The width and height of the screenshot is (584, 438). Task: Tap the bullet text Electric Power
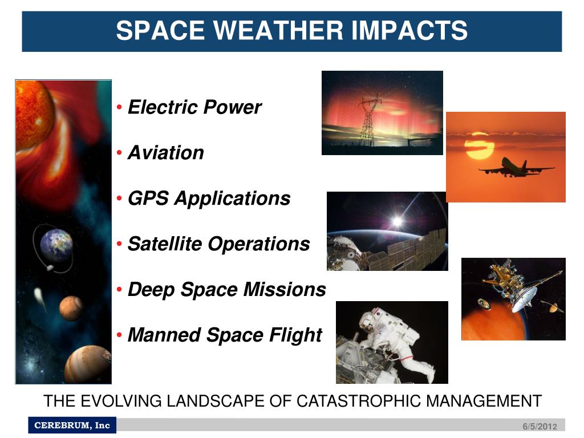(x=194, y=107)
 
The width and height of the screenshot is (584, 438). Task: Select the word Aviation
(x=166, y=153)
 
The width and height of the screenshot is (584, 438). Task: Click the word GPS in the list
(x=148, y=198)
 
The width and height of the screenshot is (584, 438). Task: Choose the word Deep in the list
(x=151, y=290)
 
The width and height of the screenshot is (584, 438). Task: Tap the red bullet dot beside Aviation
(x=119, y=153)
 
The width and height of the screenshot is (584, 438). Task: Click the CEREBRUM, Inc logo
(x=72, y=425)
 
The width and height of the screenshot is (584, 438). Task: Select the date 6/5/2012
(x=540, y=427)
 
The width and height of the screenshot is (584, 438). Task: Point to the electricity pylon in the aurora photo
(x=370, y=121)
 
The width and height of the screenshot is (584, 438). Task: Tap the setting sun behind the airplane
(x=479, y=145)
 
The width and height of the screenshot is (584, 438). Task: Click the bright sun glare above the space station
(x=398, y=222)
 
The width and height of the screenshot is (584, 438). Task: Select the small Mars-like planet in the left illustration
(x=71, y=308)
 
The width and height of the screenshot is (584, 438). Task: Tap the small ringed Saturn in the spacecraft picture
(x=553, y=307)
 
